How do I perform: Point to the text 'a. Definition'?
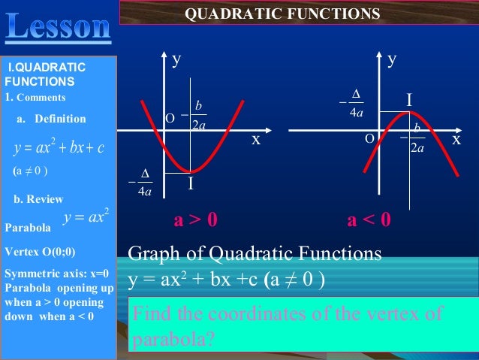pos(51,119)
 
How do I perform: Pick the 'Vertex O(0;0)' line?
pos(40,252)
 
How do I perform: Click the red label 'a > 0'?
pos(196,220)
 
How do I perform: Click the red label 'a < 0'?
pos(369,220)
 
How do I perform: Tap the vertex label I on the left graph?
pos(191,183)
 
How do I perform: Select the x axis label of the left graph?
pos(256,140)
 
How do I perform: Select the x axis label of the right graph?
pos(456,140)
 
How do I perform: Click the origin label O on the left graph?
pos(170,118)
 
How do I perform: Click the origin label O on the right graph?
pos(369,140)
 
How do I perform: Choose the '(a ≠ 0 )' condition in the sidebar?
pos(31,171)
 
